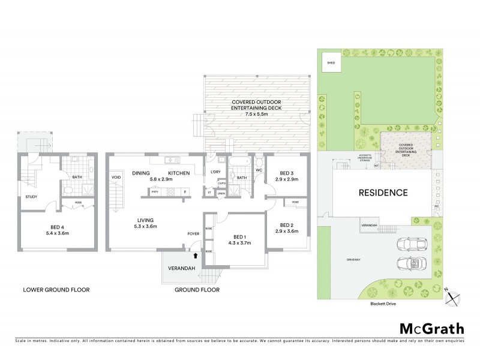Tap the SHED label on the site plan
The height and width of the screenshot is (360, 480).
point(331,62)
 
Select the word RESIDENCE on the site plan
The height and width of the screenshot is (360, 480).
point(383,193)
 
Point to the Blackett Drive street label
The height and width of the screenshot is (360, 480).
point(383,304)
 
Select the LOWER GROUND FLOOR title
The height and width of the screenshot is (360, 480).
point(56,290)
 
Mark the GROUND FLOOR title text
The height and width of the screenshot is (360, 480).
point(197,290)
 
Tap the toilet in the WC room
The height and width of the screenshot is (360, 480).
point(258,162)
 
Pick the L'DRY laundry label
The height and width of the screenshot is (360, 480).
point(215,173)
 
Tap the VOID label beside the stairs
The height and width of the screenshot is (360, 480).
point(116,176)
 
